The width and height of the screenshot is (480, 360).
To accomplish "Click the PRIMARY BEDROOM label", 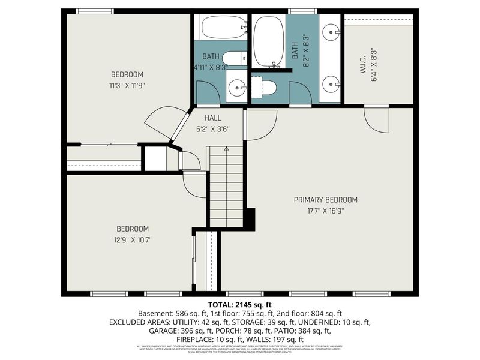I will pyautogui.click(x=325, y=200).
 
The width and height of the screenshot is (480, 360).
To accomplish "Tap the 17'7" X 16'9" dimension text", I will pyautogui.click(x=325, y=211).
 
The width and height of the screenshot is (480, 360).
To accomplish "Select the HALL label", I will pyautogui.click(x=214, y=118).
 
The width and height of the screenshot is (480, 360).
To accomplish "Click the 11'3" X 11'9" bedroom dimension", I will pyautogui.click(x=127, y=85).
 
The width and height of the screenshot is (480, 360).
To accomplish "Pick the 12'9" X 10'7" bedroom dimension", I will pyautogui.click(x=133, y=240).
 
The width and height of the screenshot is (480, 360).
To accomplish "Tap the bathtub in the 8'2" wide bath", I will pyautogui.click(x=268, y=42).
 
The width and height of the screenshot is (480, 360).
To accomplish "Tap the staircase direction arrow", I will pyautogui.click(x=226, y=149).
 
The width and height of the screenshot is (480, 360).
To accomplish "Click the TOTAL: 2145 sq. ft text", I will pyautogui.click(x=239, y=304).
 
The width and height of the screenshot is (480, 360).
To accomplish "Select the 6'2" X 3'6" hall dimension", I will pyautogui.click(x=214, y=128).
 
